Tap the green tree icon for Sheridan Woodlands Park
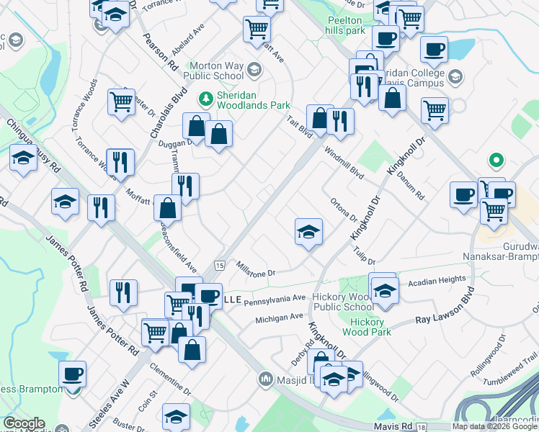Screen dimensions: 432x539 (x=206, y=97)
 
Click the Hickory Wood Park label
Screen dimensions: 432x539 (x=368, y=327)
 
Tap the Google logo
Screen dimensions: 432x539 (x=24, y=423)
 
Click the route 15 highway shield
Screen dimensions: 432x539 (x=218, y=266)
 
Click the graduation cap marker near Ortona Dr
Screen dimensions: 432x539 (x=308, y=232)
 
